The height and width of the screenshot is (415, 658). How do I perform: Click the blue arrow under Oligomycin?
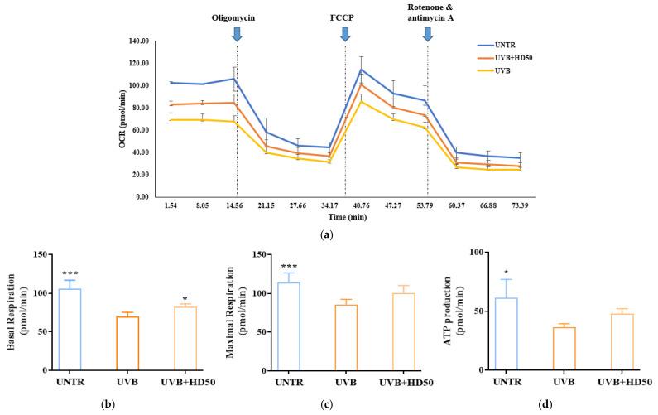click(x=237, y=33)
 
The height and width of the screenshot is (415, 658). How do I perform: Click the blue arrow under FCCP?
click(x=344, y=33)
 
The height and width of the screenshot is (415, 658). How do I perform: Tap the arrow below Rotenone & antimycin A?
click(x=427, y=33)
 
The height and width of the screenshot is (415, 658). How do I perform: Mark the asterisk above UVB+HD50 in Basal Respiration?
click(x=185, y=297)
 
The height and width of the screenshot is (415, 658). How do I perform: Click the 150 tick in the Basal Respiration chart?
click(x=37, y=251)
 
